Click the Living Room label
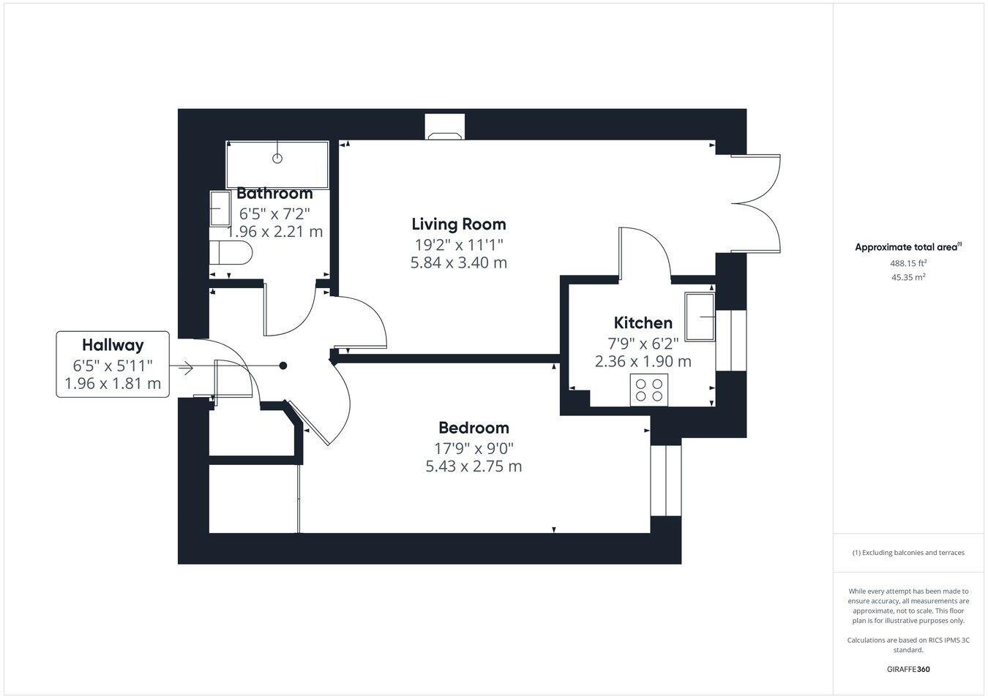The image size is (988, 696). [458, 224]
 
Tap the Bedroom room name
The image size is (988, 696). [474, 428]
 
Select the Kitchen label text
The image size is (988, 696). [643, 322]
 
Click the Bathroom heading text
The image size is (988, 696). [274, 194]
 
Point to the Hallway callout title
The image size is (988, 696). [113, 344]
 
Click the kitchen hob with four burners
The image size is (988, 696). [649, 389]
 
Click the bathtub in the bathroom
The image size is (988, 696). [277, 164]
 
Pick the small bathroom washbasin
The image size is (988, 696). [219, 211]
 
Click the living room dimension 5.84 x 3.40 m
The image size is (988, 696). [458, 262]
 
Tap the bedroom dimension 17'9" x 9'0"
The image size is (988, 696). [474, 447]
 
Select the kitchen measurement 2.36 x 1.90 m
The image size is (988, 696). [643, 361]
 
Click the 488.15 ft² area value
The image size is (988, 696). [908, 263]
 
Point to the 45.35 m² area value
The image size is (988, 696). [908, 277]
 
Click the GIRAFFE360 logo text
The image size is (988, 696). [908, 668]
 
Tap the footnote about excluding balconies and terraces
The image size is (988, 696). [908, 553]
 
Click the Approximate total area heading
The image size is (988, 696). [908, 247]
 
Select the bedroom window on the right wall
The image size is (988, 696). [665, 480]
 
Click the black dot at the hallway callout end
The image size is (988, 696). [284, 366]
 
